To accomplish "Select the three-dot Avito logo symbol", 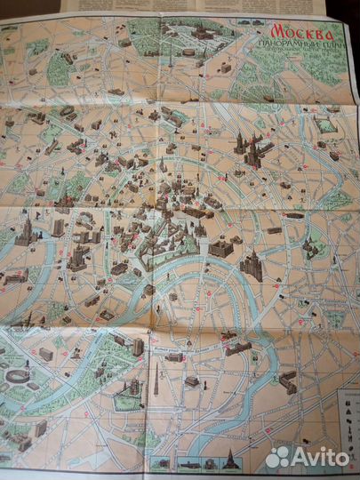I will (278, 456).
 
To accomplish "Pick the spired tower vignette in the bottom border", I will (228, 460).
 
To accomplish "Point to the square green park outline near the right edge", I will (327, 125).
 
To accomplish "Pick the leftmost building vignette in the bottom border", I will (160, 463).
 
